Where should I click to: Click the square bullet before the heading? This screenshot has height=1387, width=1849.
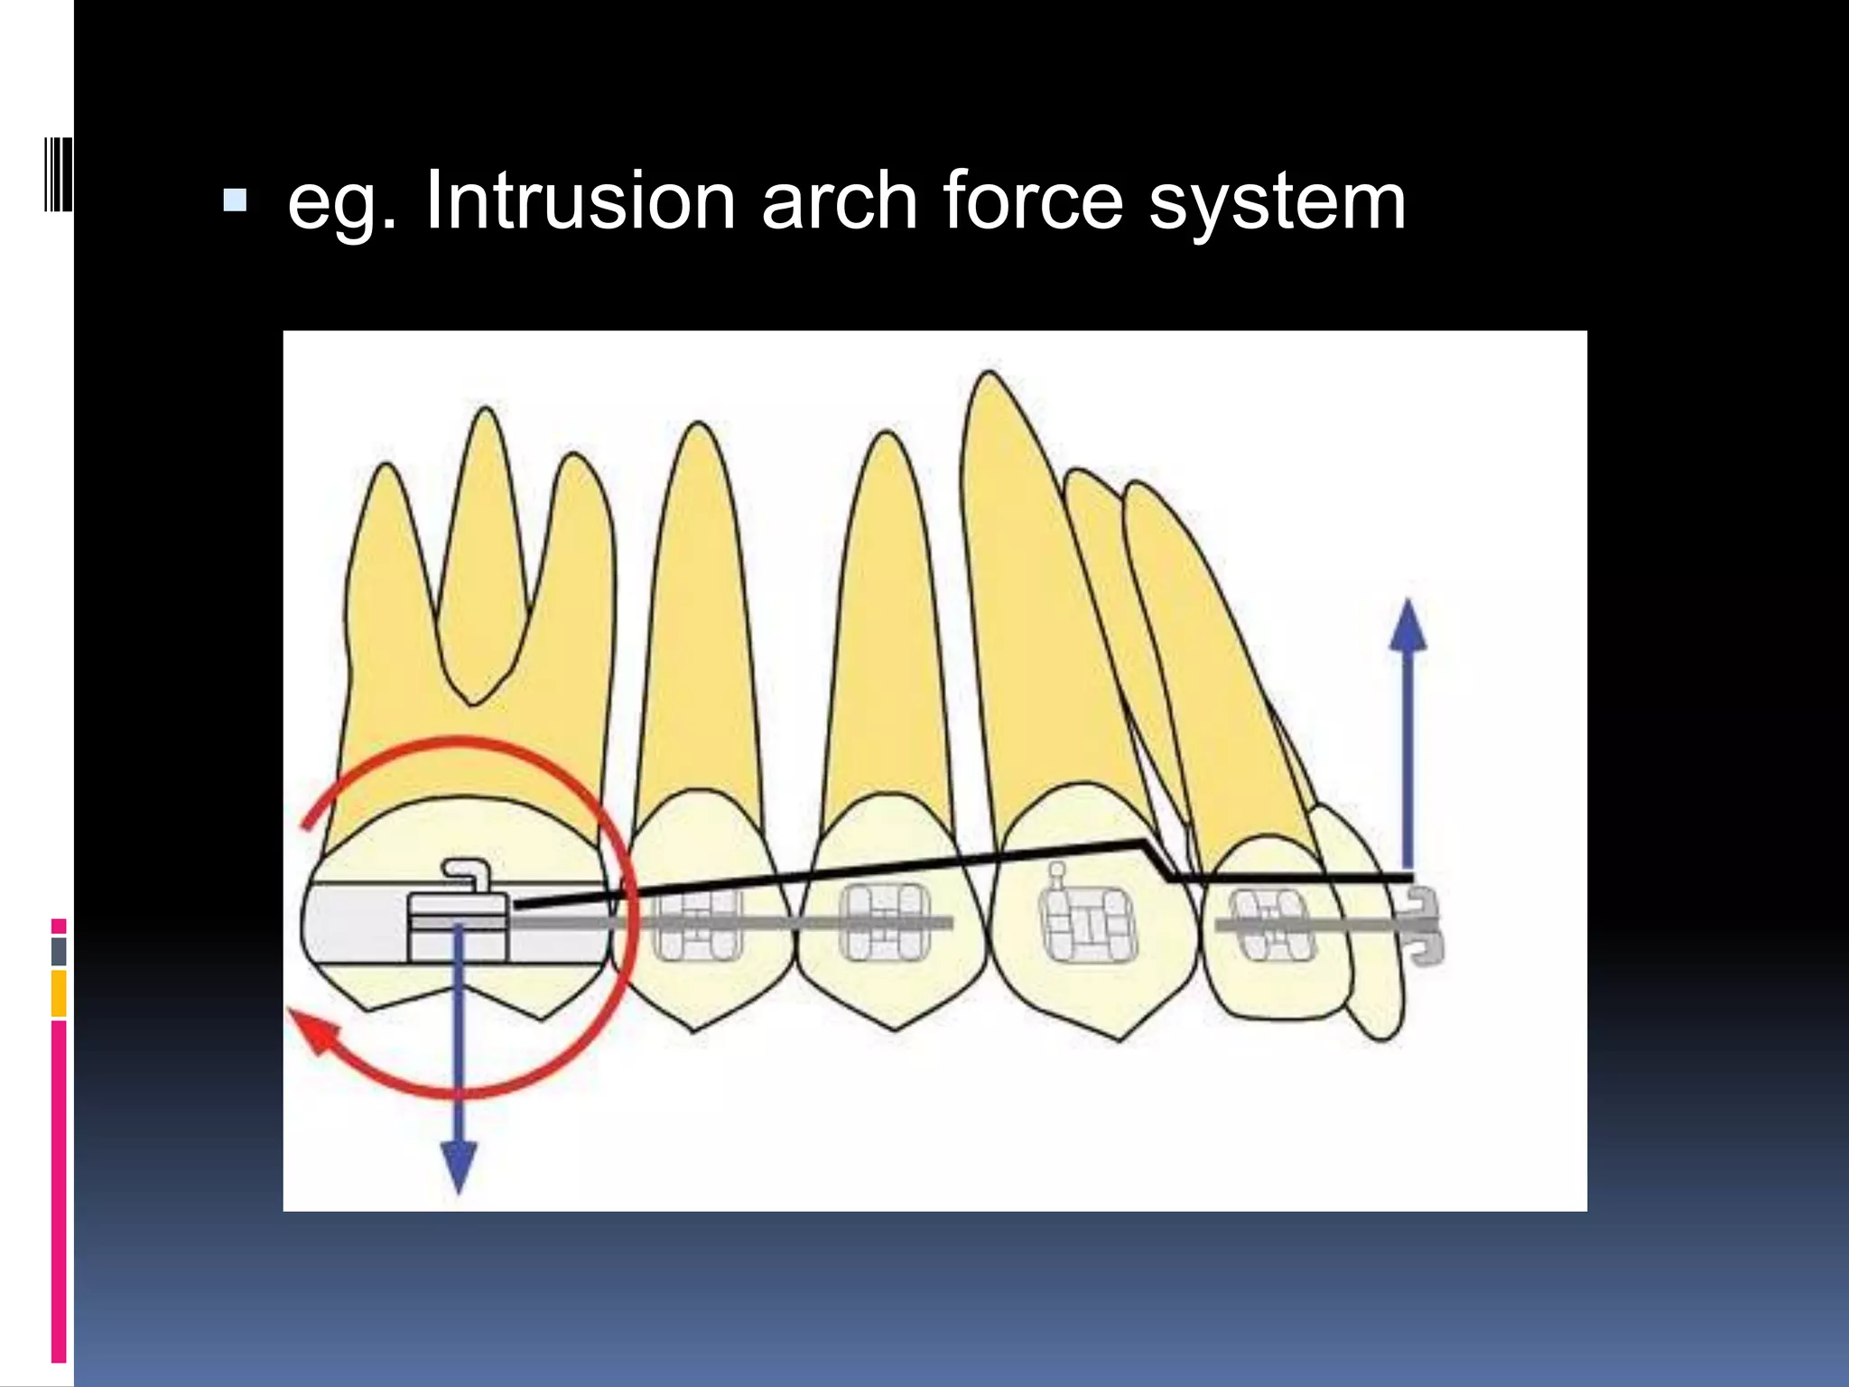point(235,200)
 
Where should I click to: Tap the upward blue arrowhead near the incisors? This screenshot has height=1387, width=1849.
point(1407,626)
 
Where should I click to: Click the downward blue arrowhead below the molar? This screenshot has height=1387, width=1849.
point(459,1167)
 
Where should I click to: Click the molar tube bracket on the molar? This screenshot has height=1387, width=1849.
point(459,926)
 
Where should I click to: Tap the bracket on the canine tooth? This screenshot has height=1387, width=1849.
point(1090,924)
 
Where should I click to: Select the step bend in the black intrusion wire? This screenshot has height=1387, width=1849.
point(1157,859)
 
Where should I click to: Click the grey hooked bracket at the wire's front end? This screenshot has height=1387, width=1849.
point(1424,926)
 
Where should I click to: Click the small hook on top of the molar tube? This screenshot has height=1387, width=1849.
point(468,872)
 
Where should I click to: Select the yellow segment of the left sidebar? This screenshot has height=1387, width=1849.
point(59,992)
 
